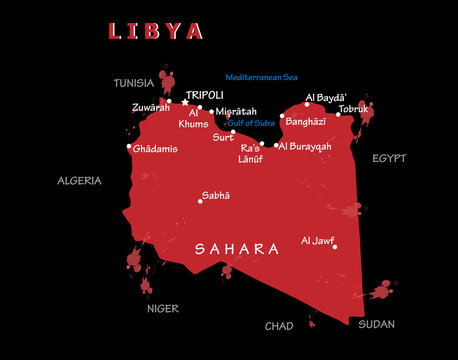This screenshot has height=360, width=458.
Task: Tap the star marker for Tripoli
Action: [184, 101]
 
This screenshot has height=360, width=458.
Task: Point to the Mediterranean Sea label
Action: [262, 76]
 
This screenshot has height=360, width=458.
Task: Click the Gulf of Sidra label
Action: [251, 122]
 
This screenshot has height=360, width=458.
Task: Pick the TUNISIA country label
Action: [134, 82]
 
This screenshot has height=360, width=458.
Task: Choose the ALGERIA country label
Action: [79, 181]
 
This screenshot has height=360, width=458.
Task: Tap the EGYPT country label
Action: [389, 158]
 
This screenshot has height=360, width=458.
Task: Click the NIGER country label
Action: [163, 309]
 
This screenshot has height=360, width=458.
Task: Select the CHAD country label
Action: [279, 326]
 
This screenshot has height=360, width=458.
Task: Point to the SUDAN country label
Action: [377, 324]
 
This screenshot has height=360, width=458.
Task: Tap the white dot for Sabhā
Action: [200, 201]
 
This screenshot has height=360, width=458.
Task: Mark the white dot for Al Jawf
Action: [335, 247]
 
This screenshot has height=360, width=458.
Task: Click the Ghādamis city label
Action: [155, 149]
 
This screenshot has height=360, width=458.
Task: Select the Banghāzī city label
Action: [304, 121]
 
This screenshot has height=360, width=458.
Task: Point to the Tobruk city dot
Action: [338, 114]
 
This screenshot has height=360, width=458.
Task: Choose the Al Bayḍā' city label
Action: [325, 97]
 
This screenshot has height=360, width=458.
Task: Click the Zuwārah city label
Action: [150, 107]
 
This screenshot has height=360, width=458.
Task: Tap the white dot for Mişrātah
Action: [212, 112]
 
